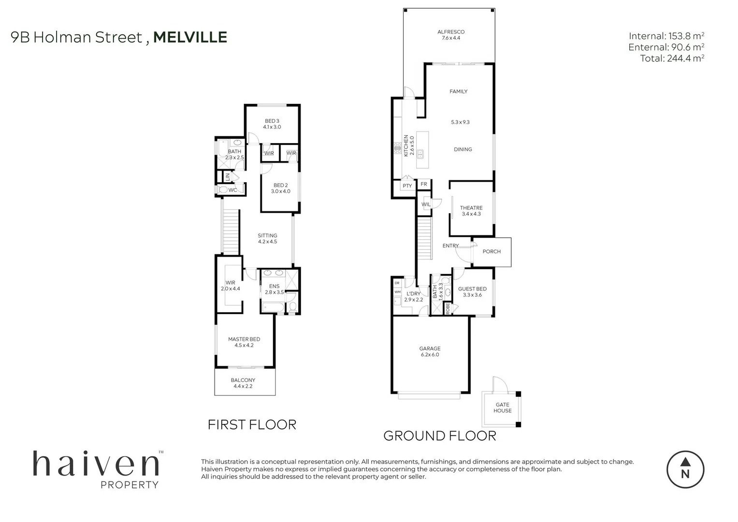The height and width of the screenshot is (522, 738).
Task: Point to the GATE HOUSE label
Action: [502, 408]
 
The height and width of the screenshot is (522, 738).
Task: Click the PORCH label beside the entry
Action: [492, 251]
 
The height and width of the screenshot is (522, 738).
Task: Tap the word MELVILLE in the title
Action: [190, 37]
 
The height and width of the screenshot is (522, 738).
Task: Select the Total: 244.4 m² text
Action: [672, 58]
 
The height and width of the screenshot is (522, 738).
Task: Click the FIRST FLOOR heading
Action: [252, 425]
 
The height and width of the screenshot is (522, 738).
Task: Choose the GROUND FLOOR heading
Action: [439, 436]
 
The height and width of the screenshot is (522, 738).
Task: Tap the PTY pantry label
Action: [407, 186]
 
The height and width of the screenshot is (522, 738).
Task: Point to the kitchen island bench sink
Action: [420, 154]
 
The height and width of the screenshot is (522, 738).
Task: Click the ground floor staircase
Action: [424, 232]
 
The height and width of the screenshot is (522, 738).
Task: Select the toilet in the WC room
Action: [223, 190]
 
